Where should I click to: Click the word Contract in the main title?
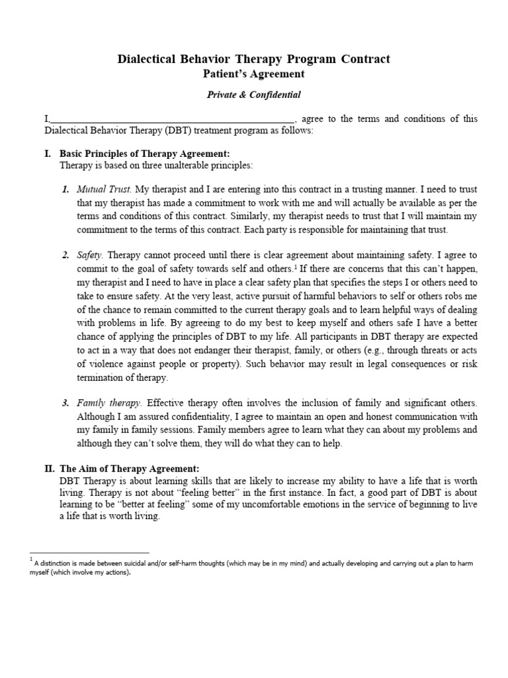click(365, 60)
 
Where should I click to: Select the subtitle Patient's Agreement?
click(253, 75)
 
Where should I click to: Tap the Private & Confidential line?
click(253, 95)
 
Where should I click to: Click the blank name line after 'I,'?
click(172, 120)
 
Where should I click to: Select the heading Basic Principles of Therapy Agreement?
click(145, 154)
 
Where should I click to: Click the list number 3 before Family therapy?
click(65, 403)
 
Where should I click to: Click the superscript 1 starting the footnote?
click(31, 560)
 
